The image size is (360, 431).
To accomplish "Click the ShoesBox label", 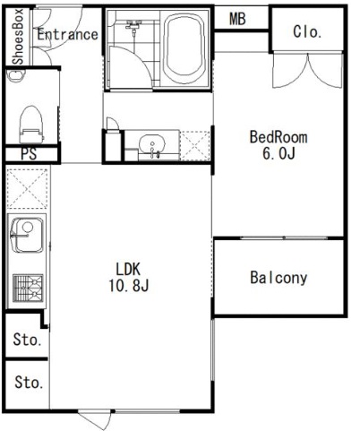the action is coord(18,37).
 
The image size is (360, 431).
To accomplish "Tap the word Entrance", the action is coord(67,34).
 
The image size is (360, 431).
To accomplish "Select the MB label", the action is coord(237,19).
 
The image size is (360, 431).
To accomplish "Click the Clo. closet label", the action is coord(307,31).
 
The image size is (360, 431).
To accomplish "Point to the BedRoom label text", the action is coord(279,137).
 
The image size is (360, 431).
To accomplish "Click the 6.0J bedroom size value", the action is coord(279,153).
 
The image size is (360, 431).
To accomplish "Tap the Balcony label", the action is coord(279,278).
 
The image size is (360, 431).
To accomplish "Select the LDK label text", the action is coord(128,269).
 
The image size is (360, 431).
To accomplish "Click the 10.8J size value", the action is coord(128,286).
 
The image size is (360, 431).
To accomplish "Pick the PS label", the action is coord(29,154).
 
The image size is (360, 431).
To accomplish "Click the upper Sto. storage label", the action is coord(27,340).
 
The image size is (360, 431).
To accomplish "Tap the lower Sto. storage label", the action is coord(29,382).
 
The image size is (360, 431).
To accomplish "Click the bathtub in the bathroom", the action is coord(184,48).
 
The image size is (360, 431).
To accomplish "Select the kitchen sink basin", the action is coord(27,235).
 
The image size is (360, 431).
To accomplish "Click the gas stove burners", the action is coord(28,288).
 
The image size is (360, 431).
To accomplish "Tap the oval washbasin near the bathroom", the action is coord(152,144).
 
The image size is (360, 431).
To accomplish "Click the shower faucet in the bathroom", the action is coord(133,25).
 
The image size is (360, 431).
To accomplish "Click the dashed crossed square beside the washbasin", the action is coord(195,145).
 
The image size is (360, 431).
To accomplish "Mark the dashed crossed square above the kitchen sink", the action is coord(27,189).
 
